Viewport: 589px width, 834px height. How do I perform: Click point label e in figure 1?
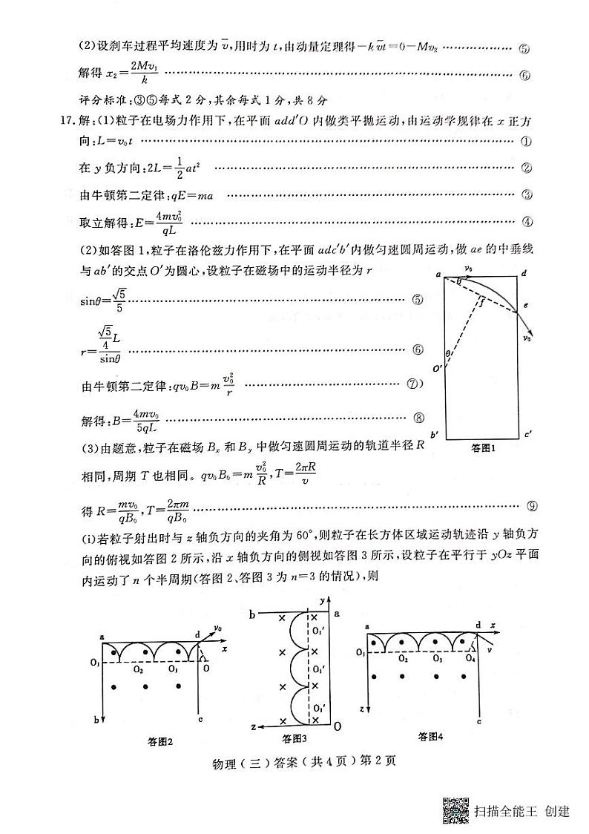click(x=524, y=306)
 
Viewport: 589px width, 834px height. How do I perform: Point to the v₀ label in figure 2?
click(x=218, y=628)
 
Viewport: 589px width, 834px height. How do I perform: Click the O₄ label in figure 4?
click(x=470, y=659)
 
